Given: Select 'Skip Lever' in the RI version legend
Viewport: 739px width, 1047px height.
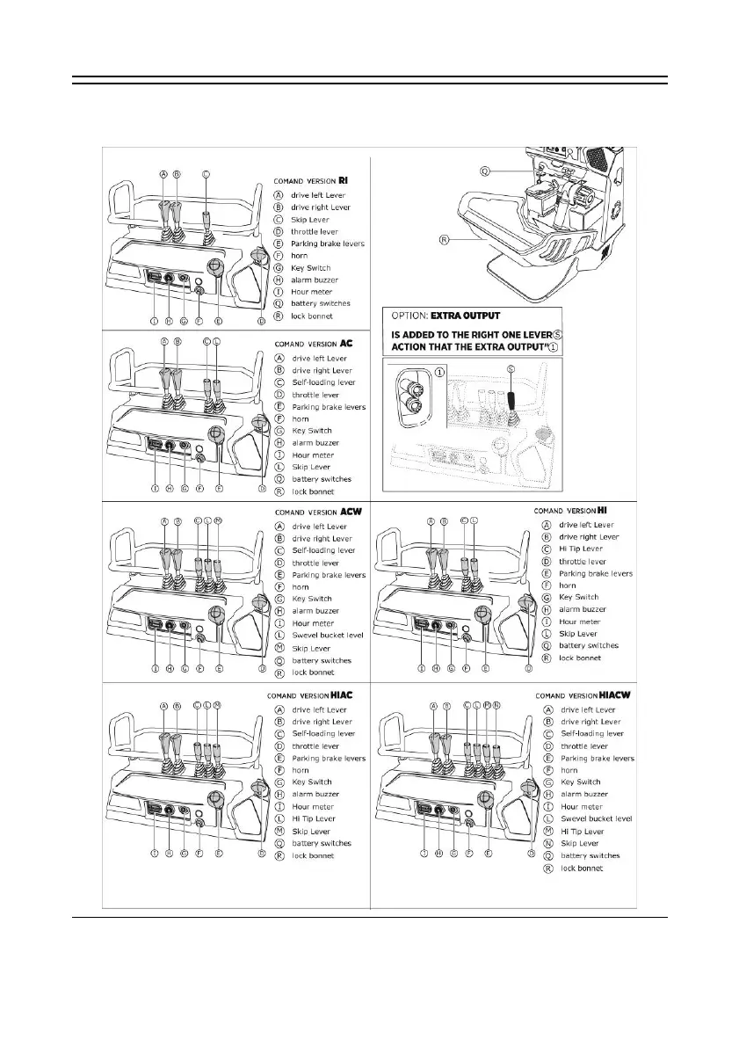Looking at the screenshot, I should tap(310, 219).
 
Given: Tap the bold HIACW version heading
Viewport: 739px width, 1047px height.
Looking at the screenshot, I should tap(617, 695).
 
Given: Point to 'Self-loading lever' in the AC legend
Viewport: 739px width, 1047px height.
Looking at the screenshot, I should tap(323, 382).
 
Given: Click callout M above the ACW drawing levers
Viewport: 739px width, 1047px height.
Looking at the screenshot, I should tap(218, 520).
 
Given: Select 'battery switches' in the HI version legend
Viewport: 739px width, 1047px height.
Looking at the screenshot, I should tap(589, 645).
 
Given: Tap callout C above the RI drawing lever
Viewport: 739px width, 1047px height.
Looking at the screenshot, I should tap(206, 174).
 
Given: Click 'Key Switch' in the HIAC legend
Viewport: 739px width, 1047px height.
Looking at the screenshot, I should tap(312, 782).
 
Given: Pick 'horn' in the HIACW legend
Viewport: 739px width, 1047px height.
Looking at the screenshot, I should tap(571, 769).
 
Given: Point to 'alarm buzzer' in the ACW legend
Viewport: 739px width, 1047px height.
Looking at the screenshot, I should tap(314, 611).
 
